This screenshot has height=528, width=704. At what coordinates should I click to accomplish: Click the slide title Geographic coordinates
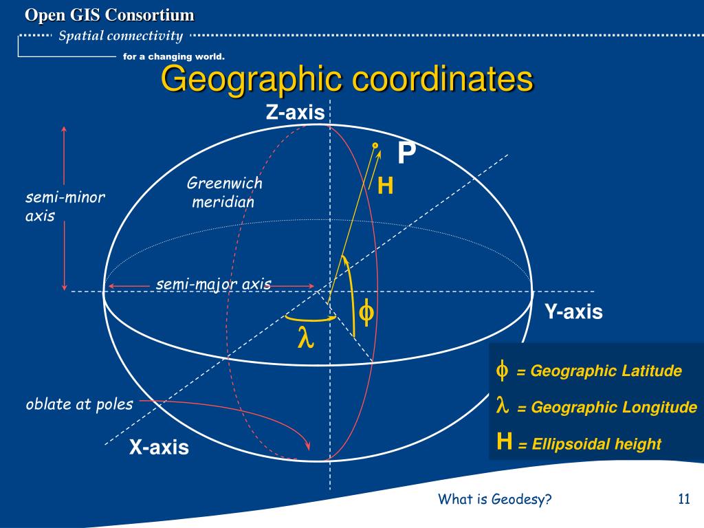click(x=346, y=80)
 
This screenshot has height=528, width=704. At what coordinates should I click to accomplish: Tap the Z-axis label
click(x=295, y=113)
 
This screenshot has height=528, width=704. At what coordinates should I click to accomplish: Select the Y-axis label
click(x=573, y=312)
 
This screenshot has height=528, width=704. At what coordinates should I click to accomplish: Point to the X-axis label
click(x=159, y=448)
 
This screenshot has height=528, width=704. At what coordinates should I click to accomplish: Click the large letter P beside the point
click(x=406, y=153)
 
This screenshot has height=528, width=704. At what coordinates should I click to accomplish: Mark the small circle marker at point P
click(x=375, y=145)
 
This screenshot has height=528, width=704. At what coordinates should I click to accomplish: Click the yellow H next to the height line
click(x=386, y=186)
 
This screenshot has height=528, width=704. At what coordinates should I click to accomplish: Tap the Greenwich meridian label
click(x=225, y=192)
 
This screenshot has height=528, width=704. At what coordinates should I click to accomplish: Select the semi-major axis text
click(x=213, y=284)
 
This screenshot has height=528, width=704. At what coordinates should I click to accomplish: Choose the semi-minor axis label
click(x=65, y=207)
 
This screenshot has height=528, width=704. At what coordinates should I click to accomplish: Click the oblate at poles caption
click(x=79, y=404)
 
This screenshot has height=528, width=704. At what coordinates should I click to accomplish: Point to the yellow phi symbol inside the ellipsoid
click(x=367, y=313)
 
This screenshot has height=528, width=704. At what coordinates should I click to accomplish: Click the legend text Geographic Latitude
click(x=606, y=371)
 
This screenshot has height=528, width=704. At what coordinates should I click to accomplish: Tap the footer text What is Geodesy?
click(x=495, y=500)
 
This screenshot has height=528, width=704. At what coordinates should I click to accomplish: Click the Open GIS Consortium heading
click(x=110, y=14)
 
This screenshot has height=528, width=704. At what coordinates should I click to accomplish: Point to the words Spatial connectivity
click(x=120, y=36)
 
